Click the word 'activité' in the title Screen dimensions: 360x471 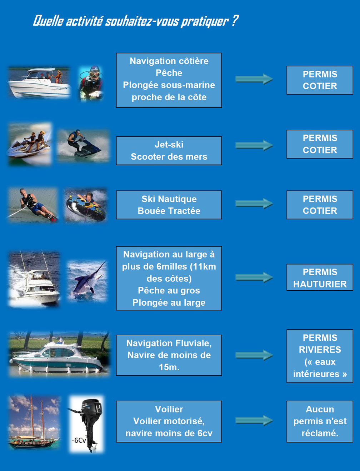point(84,21)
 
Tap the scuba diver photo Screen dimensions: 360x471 point(91,83)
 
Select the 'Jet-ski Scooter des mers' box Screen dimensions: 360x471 point(169,151)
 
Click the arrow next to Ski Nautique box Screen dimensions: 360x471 point(254,204)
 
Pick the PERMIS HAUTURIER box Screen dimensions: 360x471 point(320,277)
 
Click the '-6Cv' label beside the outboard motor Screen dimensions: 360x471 point(79,441)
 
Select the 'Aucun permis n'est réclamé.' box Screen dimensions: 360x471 point(320,421)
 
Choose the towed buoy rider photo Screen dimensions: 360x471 point(86,205)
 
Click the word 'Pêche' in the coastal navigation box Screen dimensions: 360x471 point(169,73)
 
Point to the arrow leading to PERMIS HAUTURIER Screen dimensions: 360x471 point(254,277)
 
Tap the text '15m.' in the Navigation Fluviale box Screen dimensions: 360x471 point(169,367)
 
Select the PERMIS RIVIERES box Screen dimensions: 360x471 point(320,356)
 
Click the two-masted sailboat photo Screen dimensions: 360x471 point(34,422)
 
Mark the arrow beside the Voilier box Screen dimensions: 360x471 point(254,420)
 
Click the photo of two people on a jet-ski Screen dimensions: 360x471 point(30,144)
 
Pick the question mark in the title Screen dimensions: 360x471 point(235,21)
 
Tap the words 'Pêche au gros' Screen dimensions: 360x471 point(169,291)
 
